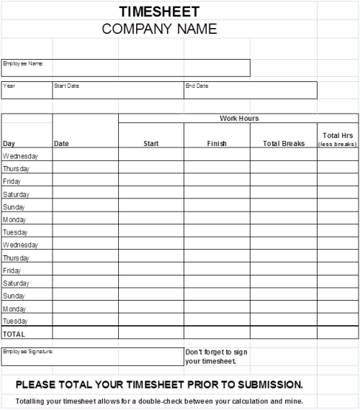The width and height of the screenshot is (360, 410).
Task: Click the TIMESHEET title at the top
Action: coord(159,12)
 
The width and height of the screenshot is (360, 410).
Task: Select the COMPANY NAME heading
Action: coord(159,29)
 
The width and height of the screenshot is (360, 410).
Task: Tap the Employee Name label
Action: coord(23,63)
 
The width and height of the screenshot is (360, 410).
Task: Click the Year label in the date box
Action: coord(9,86)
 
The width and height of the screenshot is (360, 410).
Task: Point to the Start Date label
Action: coord(66,86)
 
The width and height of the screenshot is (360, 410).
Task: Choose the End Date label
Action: coord(197,86)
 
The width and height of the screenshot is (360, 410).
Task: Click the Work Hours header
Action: coord(239,119)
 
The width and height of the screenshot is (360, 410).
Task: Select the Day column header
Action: coord(9,143)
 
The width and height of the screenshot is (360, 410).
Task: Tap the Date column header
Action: coord(61,143)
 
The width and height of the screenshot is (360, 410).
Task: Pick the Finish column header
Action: coord(217,143)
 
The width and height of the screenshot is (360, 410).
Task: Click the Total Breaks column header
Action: coord(284,143)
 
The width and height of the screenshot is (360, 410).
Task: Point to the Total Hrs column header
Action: coord(337,135)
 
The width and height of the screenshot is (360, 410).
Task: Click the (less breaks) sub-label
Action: coord(337,144)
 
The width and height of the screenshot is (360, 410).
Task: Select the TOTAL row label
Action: coord(14,334)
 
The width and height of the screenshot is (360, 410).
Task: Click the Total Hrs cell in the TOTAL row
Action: coord(337,334)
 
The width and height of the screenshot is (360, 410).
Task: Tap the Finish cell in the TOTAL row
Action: coord(217,334)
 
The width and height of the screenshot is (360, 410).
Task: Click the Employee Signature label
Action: coord(28,351)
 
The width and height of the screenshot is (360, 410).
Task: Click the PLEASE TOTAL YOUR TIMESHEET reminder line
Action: coord(159,384)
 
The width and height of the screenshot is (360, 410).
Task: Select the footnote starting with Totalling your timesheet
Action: coord(159,401)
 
